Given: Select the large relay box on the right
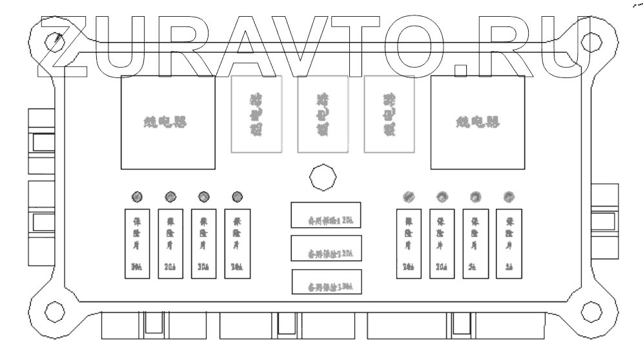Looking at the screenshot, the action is (478, 123).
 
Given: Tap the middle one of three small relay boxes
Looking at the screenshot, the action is (322, 114).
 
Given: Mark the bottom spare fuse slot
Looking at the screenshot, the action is (326, 283).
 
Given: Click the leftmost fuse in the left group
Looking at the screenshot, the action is (137, 243).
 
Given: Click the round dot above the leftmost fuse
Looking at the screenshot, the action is (138, 196).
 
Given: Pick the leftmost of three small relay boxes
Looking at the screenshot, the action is (256, 114).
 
